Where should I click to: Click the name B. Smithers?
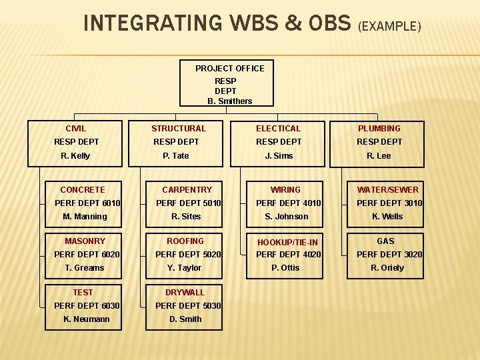[229, 101]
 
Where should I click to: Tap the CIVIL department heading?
[76, 128]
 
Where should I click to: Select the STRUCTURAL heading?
[179, 128]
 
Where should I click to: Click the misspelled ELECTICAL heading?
[279, 128]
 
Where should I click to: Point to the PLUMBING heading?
[379, 128]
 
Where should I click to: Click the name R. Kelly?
[75, 155]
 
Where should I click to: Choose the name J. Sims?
[279, 155]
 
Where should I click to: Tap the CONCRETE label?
[83, 190]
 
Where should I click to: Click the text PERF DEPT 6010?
[87, 203]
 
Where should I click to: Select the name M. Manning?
[85, 217]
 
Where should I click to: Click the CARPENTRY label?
[187, 190]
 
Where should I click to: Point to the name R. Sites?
[186, 217]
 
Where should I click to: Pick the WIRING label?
[285, 190]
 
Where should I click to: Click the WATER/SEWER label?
[388, 190]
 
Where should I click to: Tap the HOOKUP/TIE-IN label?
[287, 242]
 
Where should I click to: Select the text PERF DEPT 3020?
[389, 254]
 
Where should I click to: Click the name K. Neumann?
[87, 319]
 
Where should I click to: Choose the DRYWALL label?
[185, 293]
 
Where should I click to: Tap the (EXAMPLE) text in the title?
[389, 27]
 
